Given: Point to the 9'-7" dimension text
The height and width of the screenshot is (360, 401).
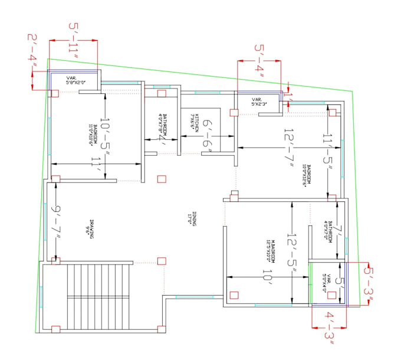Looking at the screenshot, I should tap(56, 220).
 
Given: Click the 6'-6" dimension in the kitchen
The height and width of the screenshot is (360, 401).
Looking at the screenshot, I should tap(215, 133).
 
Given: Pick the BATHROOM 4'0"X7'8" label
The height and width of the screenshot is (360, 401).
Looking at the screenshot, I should tap(165, 125).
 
